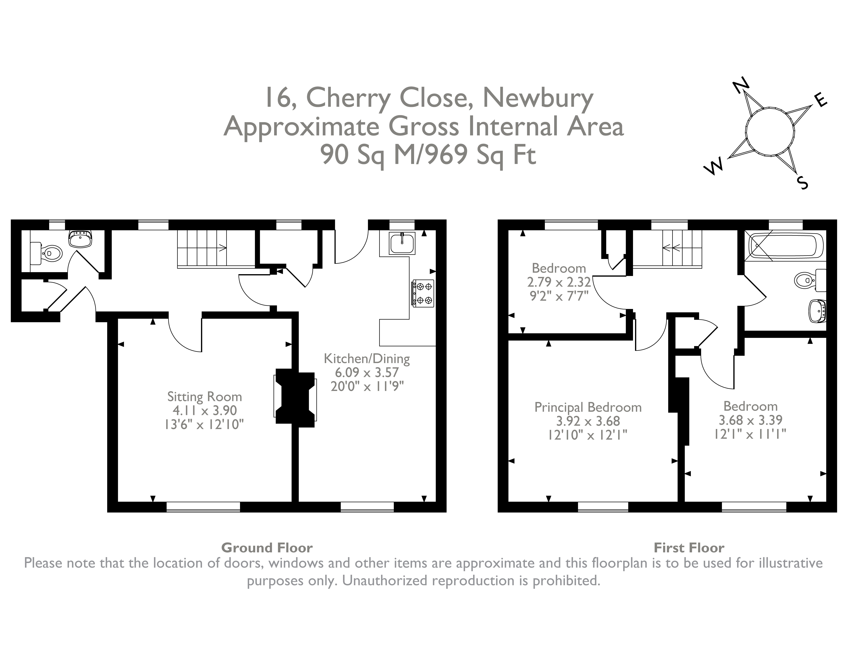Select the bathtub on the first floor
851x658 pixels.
(786, 245)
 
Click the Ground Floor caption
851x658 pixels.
(267, 548)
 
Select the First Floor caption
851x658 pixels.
(689, 548)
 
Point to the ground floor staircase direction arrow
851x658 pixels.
(223, 247)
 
